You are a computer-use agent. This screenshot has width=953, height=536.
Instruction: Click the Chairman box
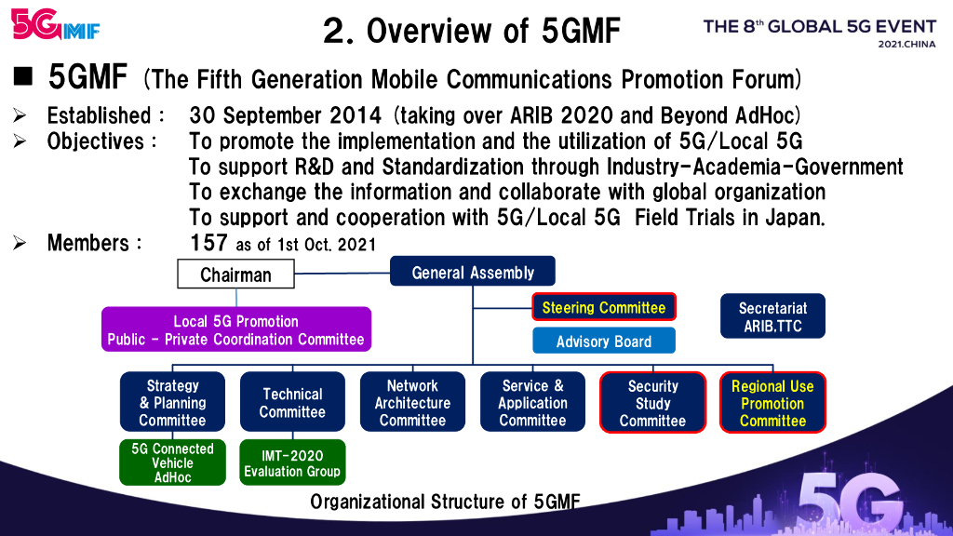click(235, 275)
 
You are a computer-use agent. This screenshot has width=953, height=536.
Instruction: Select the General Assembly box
click(472, 271)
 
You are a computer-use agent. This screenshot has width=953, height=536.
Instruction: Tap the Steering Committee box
click(603, 307)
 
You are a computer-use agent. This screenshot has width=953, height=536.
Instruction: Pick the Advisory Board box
click(603, 341)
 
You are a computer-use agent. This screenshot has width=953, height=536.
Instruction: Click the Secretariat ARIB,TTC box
click(772, 316)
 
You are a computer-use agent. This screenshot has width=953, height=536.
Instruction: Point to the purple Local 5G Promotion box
click(235, 329)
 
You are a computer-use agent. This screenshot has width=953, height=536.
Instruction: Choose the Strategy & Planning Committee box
click(172, 402)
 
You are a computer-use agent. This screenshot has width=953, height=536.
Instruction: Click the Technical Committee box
click(292, 402)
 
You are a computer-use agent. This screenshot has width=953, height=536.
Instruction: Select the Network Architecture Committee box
click(412, 402)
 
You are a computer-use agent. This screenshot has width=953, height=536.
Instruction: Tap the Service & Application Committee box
click(532, 402)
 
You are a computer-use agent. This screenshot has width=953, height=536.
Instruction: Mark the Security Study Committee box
click(652, 402)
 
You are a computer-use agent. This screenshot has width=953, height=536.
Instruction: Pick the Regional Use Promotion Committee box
click(772, 402)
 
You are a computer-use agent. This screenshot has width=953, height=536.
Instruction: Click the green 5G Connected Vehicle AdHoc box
click(172, 462)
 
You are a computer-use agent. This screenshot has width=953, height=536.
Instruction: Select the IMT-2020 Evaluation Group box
click(292, 462)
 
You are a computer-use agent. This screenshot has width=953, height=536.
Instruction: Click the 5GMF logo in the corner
click(55, 24)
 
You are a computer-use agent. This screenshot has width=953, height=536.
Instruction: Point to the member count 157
click(208, 243)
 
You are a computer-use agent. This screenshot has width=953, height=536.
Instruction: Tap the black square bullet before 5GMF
click(23, 76)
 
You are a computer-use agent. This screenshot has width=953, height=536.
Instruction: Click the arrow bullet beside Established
click(20, 114)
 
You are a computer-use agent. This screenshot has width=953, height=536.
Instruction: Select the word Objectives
click(96, 141)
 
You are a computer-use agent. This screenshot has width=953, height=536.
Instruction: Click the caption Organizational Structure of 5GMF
click(445, 502)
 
